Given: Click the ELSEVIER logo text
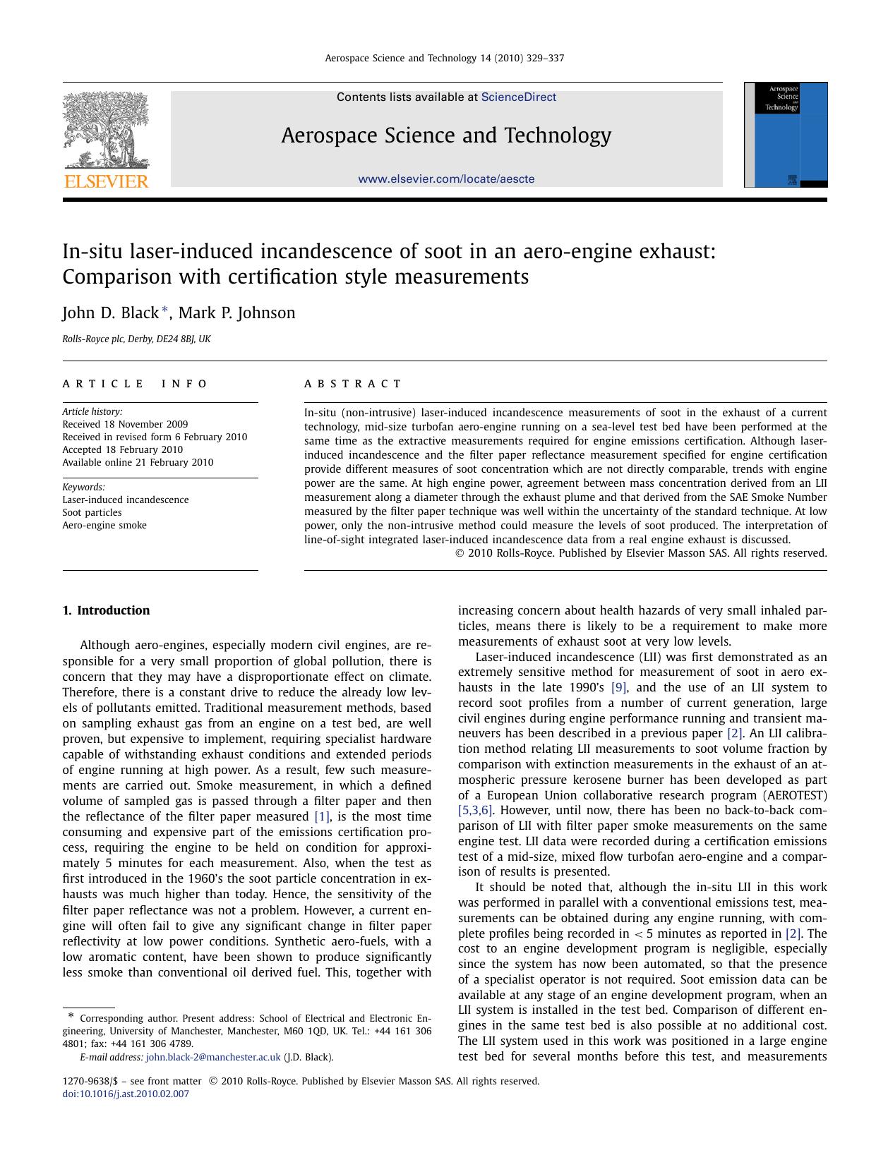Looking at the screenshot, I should coord(107,182).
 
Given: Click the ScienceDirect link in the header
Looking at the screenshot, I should coord(518,97).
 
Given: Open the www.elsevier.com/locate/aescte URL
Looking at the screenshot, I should coord(446,179).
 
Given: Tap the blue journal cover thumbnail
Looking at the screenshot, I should coord(786,135).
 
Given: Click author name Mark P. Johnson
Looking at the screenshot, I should coord(236,313).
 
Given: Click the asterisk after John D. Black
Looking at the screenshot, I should coord(165,310).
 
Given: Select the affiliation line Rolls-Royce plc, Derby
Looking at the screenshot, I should coord(136,339).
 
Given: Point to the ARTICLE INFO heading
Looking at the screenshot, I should coord(135,384).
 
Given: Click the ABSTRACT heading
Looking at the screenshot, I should coord(352,384).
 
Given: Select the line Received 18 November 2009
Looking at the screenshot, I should coord(125,425).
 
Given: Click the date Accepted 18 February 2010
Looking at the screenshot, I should coord(122,450).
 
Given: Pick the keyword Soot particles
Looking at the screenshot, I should coord(92,513).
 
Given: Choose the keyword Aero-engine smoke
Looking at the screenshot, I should coord(104,526).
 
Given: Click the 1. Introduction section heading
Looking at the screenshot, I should coord(106,611).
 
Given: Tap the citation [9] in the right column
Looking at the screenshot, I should coord(618,688).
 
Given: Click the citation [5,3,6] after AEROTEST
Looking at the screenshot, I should coord(475,811).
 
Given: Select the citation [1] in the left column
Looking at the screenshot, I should coord(321,817).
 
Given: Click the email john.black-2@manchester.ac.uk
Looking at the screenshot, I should coord(213,1058).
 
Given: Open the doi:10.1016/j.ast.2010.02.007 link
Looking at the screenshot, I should coord(126,1094).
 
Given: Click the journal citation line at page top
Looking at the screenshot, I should coord(444,59).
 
